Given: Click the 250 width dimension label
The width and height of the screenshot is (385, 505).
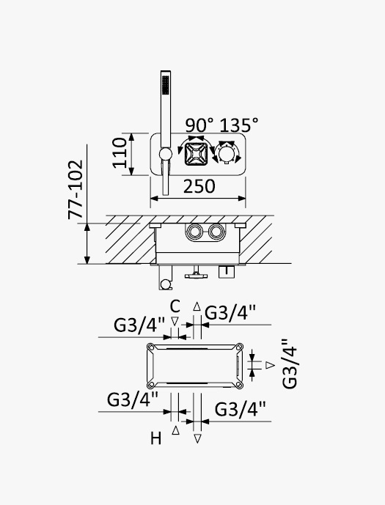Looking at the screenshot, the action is click(199, 186).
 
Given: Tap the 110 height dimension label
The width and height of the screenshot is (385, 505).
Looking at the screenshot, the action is click(120, 152).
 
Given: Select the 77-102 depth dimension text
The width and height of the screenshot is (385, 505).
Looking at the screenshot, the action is click(76, 190).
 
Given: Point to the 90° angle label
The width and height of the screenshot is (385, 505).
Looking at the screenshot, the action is click(199, 125).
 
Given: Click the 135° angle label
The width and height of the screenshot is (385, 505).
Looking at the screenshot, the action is click(239, 125).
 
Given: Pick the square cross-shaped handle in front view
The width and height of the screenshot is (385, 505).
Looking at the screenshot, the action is click(196, 154).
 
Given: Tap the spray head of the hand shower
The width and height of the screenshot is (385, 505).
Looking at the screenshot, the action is click(166, 85).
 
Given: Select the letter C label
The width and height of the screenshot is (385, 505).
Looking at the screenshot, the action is click(175, 306).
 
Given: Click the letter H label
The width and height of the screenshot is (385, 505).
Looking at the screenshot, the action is click(156, 438).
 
